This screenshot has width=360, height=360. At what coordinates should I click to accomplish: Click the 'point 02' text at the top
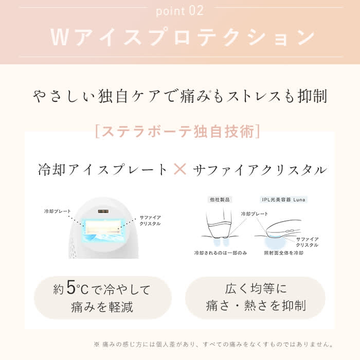[179, 10]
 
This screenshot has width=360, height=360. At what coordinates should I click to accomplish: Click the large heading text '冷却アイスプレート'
[103, 170]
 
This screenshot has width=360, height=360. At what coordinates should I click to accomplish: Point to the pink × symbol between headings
[180, 169]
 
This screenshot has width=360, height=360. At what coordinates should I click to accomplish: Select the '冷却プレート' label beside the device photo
[56, 211]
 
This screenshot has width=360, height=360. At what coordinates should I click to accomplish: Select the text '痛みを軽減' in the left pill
[102, 307]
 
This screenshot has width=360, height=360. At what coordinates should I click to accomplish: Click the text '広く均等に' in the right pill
[255, 289]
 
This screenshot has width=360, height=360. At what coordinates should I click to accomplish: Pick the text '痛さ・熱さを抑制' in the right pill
[255, 306]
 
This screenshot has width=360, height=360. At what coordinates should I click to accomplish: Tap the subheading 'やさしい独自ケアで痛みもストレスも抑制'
[180, 97]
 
